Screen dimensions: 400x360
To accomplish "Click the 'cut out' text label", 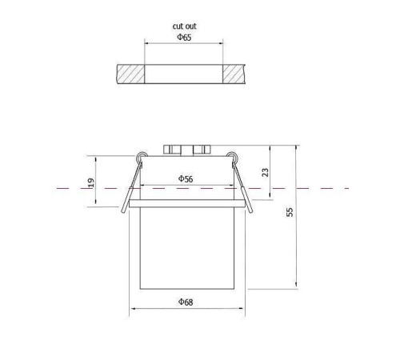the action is (184, 26).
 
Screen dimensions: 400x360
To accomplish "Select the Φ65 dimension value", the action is (184, 38).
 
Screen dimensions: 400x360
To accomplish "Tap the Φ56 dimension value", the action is (186, 178).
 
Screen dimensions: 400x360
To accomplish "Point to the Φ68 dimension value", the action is (186, 302).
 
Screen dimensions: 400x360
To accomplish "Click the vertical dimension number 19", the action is (91, 182).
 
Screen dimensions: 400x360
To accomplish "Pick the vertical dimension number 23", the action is (266, 172).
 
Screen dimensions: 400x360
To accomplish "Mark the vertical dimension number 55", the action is (290, 212).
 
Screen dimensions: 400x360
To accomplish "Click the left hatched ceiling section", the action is (130, 74).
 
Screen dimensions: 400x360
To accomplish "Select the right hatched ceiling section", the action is (234, 74).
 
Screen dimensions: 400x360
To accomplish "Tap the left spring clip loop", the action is (141, 157).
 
